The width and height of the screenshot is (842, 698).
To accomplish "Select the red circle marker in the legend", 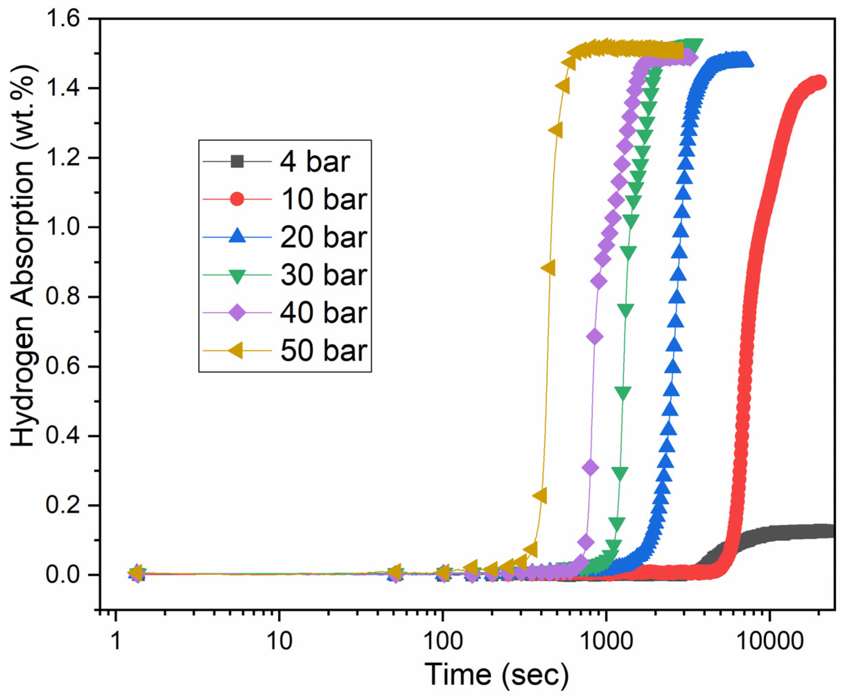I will coord(237,199).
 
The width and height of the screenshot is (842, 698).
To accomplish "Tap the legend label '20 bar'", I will coord(324,237).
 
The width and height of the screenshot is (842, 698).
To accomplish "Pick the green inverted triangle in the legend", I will coord(237,275).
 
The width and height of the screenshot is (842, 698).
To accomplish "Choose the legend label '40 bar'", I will coord(324,313).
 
